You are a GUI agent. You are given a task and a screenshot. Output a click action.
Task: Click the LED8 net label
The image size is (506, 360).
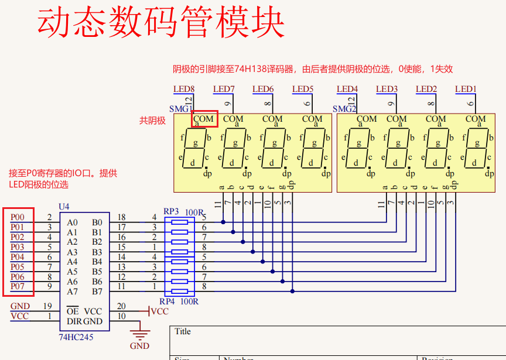[183, 90]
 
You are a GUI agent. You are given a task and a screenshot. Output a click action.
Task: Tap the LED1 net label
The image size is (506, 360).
[466, 90]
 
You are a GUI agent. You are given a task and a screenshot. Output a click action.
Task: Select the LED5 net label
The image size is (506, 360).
[303, 90]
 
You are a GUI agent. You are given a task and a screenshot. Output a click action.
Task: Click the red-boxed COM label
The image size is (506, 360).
[204, 119]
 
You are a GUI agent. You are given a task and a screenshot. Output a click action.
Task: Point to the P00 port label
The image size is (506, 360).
[18, 217]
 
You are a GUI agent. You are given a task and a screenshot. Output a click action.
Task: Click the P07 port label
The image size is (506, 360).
[18, 286]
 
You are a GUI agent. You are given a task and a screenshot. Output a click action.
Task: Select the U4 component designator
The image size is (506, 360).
[64, 207]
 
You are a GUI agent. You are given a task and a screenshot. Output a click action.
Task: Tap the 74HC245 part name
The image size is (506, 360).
[76, 337]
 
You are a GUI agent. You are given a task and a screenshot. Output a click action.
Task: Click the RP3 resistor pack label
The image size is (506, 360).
[171, 211]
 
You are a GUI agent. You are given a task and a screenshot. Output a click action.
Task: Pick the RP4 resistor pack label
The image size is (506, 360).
[167, 301]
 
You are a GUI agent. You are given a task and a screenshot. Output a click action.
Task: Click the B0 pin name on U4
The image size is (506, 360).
[97, 222]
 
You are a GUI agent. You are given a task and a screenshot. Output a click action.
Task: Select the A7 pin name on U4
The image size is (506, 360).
[72, 292]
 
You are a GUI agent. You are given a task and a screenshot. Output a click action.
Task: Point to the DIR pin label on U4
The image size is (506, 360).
[73, 321]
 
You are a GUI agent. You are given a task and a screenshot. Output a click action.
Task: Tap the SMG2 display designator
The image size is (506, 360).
[344, 109]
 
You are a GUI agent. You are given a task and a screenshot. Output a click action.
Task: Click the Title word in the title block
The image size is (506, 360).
[183, 331]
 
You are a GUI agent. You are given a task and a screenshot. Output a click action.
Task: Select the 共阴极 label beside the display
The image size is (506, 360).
[152, 121]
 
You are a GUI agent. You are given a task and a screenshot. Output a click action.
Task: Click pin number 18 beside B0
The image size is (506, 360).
[121, 217]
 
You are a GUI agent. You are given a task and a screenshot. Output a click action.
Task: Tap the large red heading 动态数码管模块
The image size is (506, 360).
[161, 23]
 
